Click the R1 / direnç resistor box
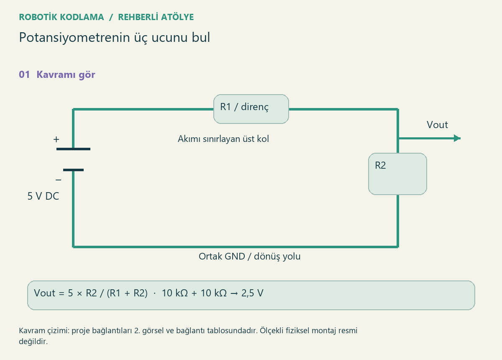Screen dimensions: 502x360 [251, 109]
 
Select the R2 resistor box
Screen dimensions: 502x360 [397, 174]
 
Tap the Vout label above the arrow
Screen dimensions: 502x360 [437, 125]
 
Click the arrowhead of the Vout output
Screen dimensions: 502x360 [457, 138]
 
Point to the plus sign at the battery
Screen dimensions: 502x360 [56, 139]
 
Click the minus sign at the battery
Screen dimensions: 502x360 [58, 180]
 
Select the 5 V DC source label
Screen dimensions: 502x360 [43, 196]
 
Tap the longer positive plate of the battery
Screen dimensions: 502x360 [73, 149]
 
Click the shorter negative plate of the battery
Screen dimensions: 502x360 [73, 170]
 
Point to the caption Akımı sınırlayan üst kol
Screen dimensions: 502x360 [223, 139]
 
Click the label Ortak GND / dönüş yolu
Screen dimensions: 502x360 [249, 256]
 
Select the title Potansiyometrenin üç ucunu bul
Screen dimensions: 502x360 [115, 37]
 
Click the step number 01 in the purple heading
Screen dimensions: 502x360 [24, 75]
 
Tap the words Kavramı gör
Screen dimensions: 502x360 [66, 75]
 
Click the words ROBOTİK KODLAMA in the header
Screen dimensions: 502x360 [61, 17]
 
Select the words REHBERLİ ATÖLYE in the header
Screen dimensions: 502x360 [156, 17]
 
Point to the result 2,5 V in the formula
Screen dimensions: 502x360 [252, 293]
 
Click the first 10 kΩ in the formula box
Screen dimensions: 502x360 [175, 293]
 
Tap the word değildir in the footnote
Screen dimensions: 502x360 [33, 342]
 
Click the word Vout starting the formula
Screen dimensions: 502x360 [45, 293]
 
